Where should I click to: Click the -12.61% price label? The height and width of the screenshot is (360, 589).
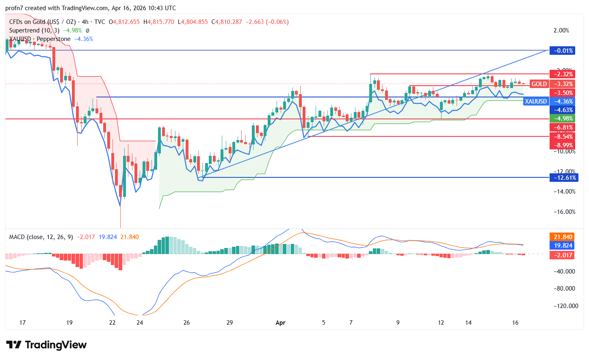(563, 178)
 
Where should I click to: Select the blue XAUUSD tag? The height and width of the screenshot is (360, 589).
(535, 101)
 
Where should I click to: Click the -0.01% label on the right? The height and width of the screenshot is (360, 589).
(563, 51)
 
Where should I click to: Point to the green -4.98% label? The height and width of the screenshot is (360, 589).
(563, 119)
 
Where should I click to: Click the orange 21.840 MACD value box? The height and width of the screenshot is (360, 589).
(563, 237)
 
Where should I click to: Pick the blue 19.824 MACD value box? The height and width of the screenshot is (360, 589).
(563, 246)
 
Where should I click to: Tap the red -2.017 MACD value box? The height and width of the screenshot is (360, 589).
(563, 255)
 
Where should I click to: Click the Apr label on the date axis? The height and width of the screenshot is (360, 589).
(280, 323)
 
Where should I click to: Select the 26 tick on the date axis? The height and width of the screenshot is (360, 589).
(186, 323)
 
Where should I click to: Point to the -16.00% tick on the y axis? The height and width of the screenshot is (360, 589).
(565, 212)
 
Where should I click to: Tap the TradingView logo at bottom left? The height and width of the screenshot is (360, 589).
(46, 345)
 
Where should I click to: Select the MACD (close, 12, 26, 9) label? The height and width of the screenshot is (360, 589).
(41, 237)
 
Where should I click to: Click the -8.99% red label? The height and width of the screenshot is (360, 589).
(563, 145)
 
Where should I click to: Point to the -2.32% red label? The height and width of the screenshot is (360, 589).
(563, 74)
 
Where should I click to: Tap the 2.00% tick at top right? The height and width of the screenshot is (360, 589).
(561, 30)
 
